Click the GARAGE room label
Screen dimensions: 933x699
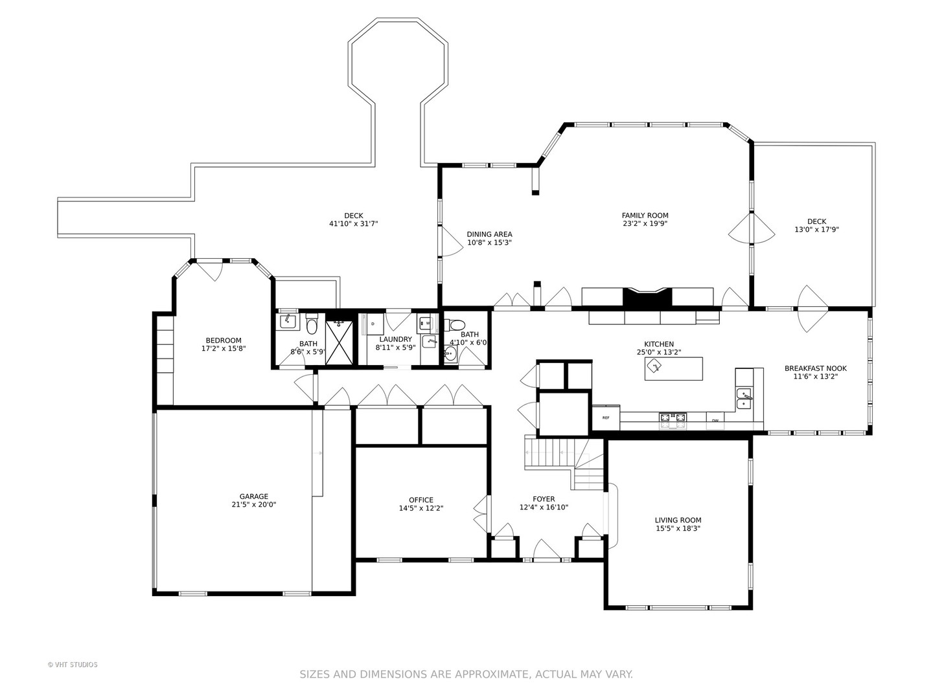coord(254,496)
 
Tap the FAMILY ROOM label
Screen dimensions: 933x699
coord(645,215)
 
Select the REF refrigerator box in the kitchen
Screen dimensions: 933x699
coord(606,418)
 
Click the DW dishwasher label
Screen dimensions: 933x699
coord(715,421)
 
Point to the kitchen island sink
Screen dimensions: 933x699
coord(654,366)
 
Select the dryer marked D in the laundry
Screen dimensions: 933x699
coord(373,324)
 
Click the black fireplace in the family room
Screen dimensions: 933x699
coord(647,296)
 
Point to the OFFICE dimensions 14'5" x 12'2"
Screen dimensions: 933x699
coord(420,508)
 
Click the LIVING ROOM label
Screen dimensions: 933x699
coord(678,520)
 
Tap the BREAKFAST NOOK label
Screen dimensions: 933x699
coord(815,368)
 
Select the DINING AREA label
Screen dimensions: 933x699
coord(489,234)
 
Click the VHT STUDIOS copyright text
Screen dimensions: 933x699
coord(73,665)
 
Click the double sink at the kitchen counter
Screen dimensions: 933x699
coord(744,399)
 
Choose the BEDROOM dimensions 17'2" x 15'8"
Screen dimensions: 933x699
coord(224,348)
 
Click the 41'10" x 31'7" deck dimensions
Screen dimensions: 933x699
coord(353,223)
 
